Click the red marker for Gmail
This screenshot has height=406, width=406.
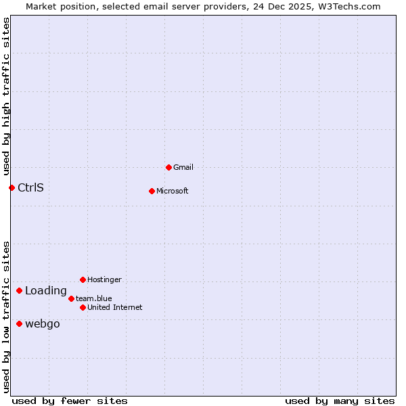click(x=168, y=167)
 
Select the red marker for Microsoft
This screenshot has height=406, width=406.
click(x=152, y=191)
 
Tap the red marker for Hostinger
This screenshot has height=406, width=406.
click(x=83, y=279)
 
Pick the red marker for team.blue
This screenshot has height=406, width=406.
click(x=71, y=298)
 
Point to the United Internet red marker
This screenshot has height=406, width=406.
click(x=83, y=307)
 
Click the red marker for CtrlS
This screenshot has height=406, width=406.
click(x=12, y=187)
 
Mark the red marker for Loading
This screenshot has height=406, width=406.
click(x=19, y=290)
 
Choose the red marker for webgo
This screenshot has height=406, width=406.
click(x=19, y=323)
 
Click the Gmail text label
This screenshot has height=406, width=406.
click(x=183, y=167)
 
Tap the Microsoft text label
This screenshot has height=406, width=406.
click(x=173, y=191)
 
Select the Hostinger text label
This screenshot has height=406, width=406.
click(x=104, y=279)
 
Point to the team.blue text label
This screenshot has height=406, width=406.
click(x=94, y=298)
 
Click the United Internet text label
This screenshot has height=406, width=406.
click(x=115, y=307)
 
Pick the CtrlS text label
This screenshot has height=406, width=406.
click(x=30, y=187)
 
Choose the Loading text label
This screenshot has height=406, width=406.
click(x=46, y=291)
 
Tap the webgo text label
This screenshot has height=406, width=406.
click(x=43, y=323)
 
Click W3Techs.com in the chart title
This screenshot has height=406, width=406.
click(x=349, y=6)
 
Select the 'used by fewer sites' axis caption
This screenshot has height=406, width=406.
click(x=70, y=401)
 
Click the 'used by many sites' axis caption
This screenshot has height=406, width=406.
click(x=340, y=401)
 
